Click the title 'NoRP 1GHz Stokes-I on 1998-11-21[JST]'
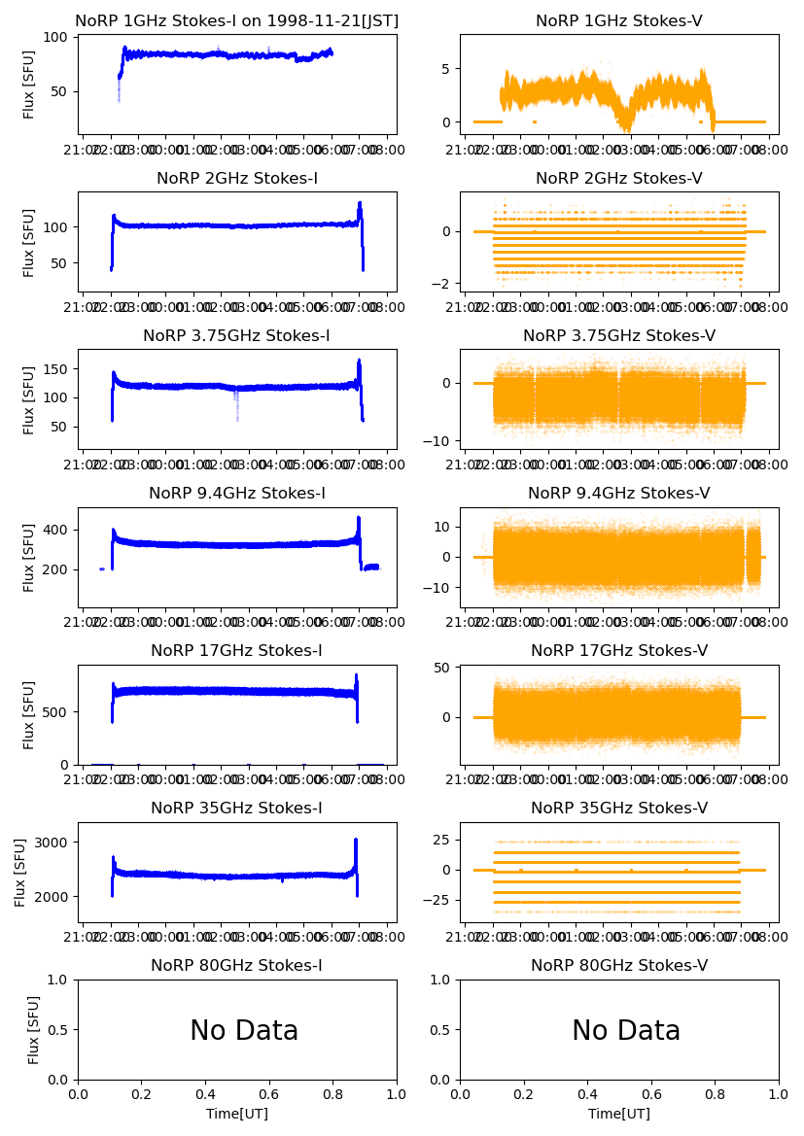(237, 20)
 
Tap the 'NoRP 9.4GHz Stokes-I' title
(237, 493)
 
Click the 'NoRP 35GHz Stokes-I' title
(237, 808)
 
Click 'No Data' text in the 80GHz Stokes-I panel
(244, 1031)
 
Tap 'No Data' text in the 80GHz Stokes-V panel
(626, 1031)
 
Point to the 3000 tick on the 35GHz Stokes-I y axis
(53, 843)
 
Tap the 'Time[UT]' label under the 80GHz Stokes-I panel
(237, 1114)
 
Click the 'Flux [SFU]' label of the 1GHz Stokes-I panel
(29, 86)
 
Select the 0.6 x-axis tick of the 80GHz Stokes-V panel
(651, 1093)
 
